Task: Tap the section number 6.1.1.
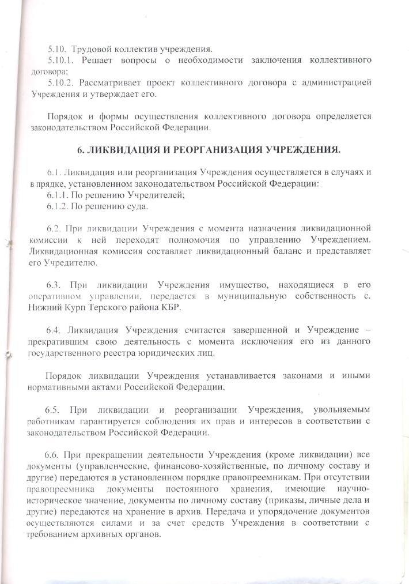[x=59, y=195]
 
